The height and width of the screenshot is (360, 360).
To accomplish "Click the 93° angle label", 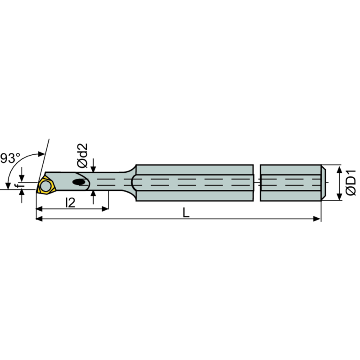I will (x=10, y=158).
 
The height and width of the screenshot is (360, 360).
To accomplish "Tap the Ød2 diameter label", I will (x=82, y=156).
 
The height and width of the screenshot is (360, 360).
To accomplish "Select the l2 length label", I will (x=70, y=203).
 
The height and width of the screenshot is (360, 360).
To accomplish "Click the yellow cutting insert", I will (x=45, y=185).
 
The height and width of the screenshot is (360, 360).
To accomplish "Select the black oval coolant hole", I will (x=80, y=182).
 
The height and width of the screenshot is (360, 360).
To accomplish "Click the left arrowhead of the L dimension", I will (x=38, y=219).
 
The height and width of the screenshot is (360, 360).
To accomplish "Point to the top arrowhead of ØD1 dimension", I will (x=337, y=167).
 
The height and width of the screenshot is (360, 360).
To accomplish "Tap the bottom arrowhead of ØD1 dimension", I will (x=337, y=198).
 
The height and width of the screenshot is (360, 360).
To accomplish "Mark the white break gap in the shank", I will (x=256, y=183).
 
